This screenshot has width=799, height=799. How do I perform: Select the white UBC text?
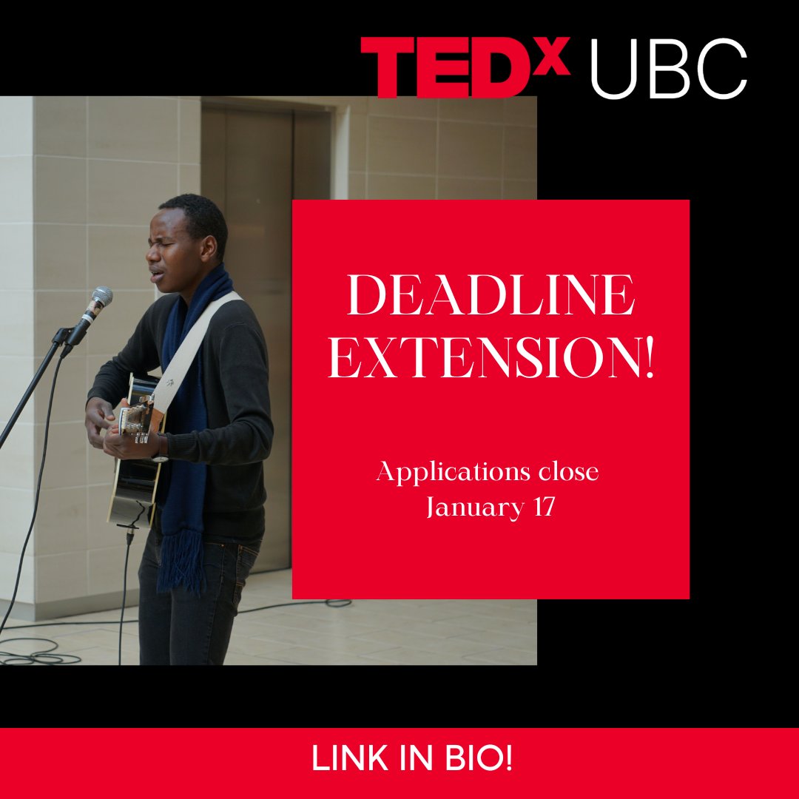click(x=668, y=70)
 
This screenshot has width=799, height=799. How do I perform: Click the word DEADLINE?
click(x=491, y=298)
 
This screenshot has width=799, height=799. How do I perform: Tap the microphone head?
click(x=100, y=299)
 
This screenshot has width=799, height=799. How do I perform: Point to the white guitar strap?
click(x=194, y=348)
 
